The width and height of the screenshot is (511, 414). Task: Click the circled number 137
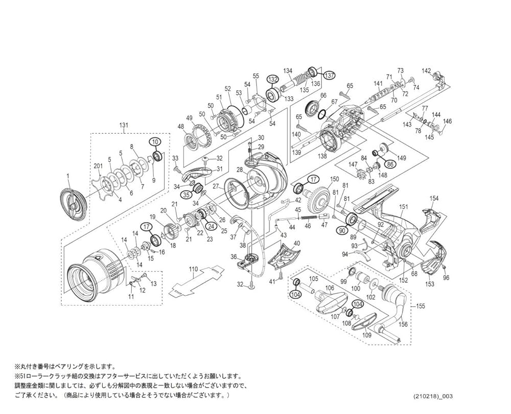(330, 75)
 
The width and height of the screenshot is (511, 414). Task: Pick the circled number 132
(272, 79)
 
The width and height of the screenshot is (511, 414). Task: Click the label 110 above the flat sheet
(193, 268)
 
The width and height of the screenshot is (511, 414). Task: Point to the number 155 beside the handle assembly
(421, 306)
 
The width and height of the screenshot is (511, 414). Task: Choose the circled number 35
(187, 194)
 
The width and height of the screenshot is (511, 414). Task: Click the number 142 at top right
(426, 71)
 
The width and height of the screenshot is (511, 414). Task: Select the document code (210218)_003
(433, 397)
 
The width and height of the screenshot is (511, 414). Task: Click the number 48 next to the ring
(180, 127)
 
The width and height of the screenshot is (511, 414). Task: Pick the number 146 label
(447, 121)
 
